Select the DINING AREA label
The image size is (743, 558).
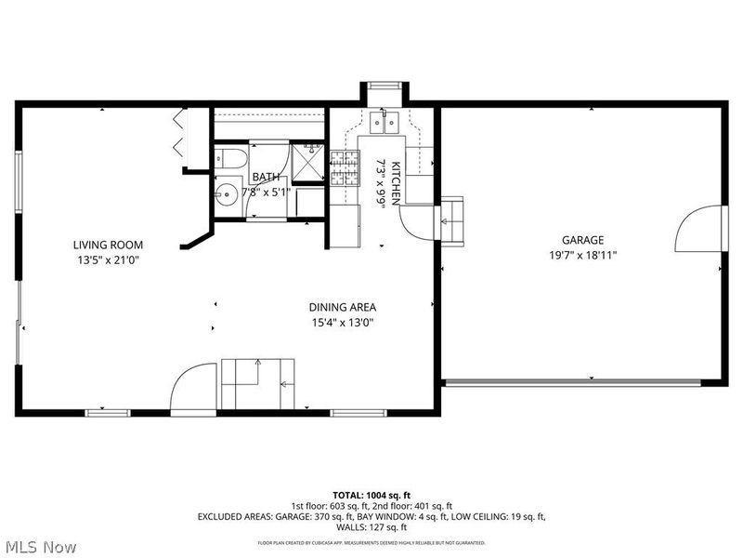tap(343, 307)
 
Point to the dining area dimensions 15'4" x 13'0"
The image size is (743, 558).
tap(343, 323)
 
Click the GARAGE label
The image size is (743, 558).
tap(582, 239)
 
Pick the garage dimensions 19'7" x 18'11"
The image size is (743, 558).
tap(582, 255)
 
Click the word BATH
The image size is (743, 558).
tap(266, 177)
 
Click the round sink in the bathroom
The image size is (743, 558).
tap(226, 194)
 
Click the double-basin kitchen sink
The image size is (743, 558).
tap(384, 120)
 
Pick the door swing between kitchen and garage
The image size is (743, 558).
tap(419, 220)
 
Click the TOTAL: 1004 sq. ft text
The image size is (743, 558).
tap(371, 494)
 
